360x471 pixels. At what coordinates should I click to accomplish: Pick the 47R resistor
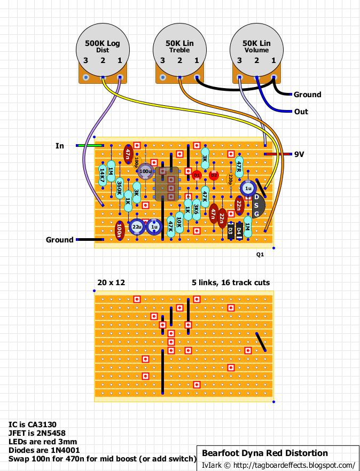239,162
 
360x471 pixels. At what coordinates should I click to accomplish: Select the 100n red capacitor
119,230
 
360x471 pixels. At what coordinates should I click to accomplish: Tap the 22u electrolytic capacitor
137,227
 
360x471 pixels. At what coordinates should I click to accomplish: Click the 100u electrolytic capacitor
145,171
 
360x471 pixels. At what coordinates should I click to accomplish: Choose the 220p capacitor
230,179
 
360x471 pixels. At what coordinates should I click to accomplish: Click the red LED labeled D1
196,175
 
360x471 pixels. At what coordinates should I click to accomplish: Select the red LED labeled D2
214,175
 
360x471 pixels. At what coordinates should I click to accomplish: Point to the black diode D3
230,230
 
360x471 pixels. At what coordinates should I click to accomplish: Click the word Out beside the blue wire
301,112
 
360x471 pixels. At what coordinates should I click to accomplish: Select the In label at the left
60,145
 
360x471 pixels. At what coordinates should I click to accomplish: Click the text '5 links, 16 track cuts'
231,282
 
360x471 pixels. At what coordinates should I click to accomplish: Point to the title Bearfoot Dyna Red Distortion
264,453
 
